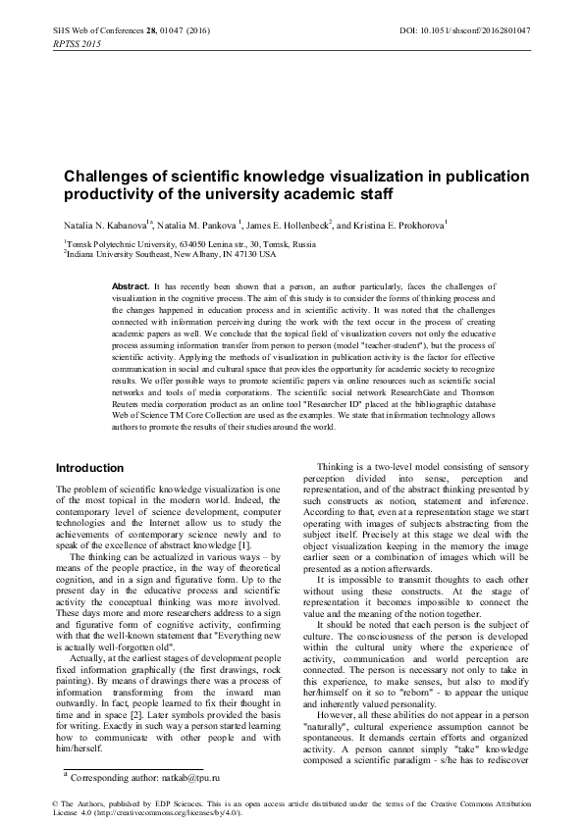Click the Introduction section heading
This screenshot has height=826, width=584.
(x=90, y=468)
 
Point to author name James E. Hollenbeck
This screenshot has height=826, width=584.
(x=284, y=224)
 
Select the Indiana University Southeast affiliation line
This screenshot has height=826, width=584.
(x=172, y=253)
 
